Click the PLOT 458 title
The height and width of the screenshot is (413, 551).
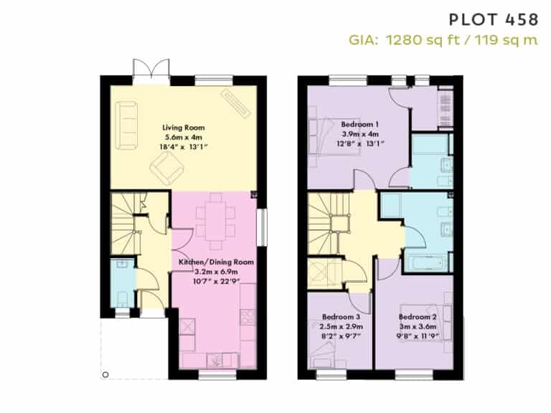point(494,19)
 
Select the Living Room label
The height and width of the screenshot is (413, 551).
point(184,128)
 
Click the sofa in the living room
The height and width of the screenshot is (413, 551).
point(126,125)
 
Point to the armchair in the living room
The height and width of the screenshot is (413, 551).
point(167,168)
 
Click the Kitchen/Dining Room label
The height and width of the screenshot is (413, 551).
point(216,262)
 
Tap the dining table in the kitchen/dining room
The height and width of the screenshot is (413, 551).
point(216,221)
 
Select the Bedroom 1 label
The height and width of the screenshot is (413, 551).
point(360,124)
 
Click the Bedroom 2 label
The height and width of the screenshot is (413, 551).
point(418,317)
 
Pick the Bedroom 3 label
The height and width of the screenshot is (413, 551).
point(341,317)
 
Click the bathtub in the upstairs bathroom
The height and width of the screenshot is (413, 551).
point(426,262)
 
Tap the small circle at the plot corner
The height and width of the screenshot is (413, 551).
point(105,375)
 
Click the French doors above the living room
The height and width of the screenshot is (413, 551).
point(151,72)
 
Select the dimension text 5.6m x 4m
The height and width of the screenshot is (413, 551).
point(184,138)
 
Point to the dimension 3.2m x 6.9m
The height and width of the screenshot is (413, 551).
point(216,272)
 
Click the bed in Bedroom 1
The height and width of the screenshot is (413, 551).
point(334,137)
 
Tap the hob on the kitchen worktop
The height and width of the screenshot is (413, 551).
point(248,317)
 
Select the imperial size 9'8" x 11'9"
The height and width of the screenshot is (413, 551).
point(418,336)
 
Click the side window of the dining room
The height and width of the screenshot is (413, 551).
point(262,227)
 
